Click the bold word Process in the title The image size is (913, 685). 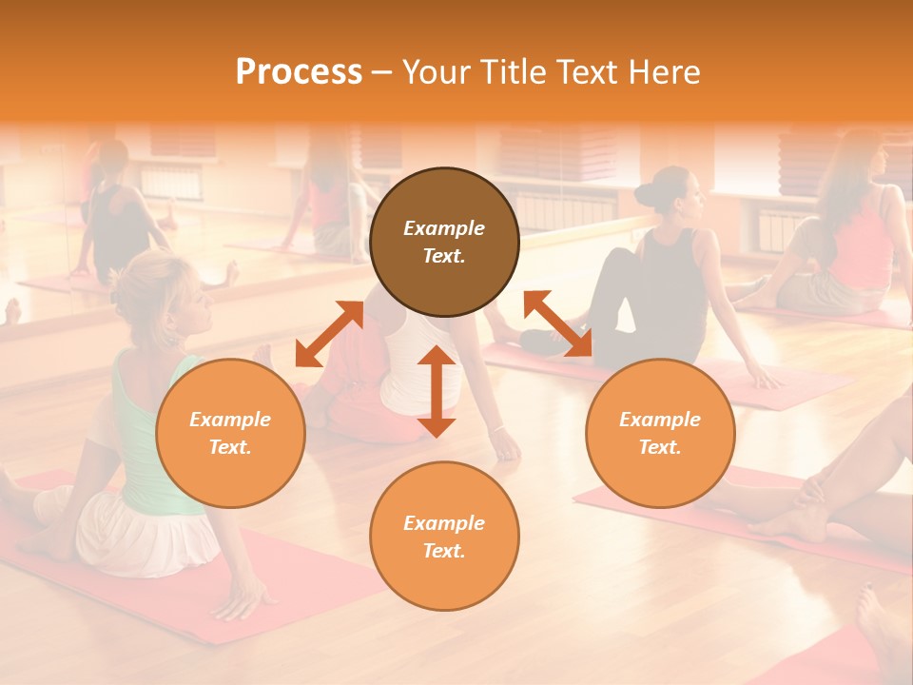tap(299, 72)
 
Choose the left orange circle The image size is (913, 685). tap(230, 433)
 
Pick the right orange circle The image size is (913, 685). tap(660, 433)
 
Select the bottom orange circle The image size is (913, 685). tap(444, 536)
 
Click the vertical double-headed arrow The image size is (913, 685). tap(437, 391)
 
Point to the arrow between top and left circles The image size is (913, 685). tap(329, 334)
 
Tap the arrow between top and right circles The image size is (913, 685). tap(557, 323)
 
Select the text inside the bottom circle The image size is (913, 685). tap(444, 537)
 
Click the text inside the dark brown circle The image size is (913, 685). tap(444, 242)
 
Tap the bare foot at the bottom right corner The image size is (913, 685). tap(875, 618)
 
